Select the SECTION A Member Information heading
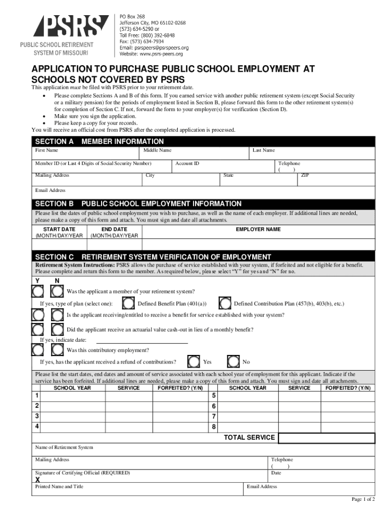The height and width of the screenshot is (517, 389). (x=99, y=141)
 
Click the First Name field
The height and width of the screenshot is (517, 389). (x=86, y=154)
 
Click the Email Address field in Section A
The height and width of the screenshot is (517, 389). (x=202, y=192)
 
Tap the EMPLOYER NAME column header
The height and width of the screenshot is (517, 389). (x=258, y=229)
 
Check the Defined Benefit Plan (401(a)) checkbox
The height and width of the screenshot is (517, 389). (x=130, y=303)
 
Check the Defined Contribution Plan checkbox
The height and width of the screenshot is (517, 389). (x=226, y=303)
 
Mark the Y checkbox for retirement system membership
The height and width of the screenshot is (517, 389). (x=38, y=291)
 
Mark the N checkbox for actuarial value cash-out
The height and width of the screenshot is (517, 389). (x=57, y=330)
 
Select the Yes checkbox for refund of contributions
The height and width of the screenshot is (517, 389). (x=193, y=361)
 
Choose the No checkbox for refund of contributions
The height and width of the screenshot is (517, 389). (x=233, y=361)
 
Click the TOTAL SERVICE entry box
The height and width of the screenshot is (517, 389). (x=326, y=438)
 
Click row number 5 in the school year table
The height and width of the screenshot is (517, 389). (x=214, y=395)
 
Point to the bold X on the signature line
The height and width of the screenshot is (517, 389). (x=37, y=480)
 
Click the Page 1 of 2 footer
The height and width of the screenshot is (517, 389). (x=363, y=499)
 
